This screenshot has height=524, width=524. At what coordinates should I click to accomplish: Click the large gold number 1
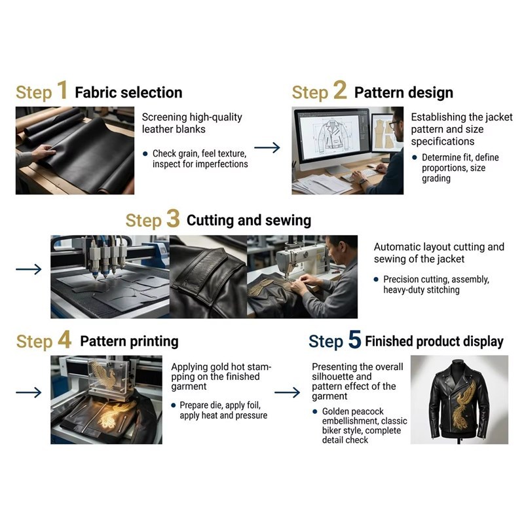coord(62,90)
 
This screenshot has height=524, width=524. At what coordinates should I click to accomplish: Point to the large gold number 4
coord(64,339)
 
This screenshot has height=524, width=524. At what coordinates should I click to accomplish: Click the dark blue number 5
coord(354,339)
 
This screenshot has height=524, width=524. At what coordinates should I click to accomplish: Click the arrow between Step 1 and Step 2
coord(267,147)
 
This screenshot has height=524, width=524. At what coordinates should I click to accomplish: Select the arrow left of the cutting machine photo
coord(29,269)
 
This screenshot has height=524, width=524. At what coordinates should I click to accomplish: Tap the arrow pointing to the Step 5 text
coord(287,392)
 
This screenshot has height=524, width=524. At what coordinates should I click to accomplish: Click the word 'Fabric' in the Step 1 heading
coord(94,92)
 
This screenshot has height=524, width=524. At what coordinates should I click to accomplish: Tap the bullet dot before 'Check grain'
coord(145,154)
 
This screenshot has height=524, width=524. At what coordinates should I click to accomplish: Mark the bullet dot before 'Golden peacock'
coord(315,411)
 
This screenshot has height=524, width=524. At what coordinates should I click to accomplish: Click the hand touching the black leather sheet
coord(43,152)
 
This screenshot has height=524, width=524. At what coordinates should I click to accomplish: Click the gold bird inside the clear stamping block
coord(104,375)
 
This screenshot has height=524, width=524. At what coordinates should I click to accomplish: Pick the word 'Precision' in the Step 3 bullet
coord(397,279)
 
